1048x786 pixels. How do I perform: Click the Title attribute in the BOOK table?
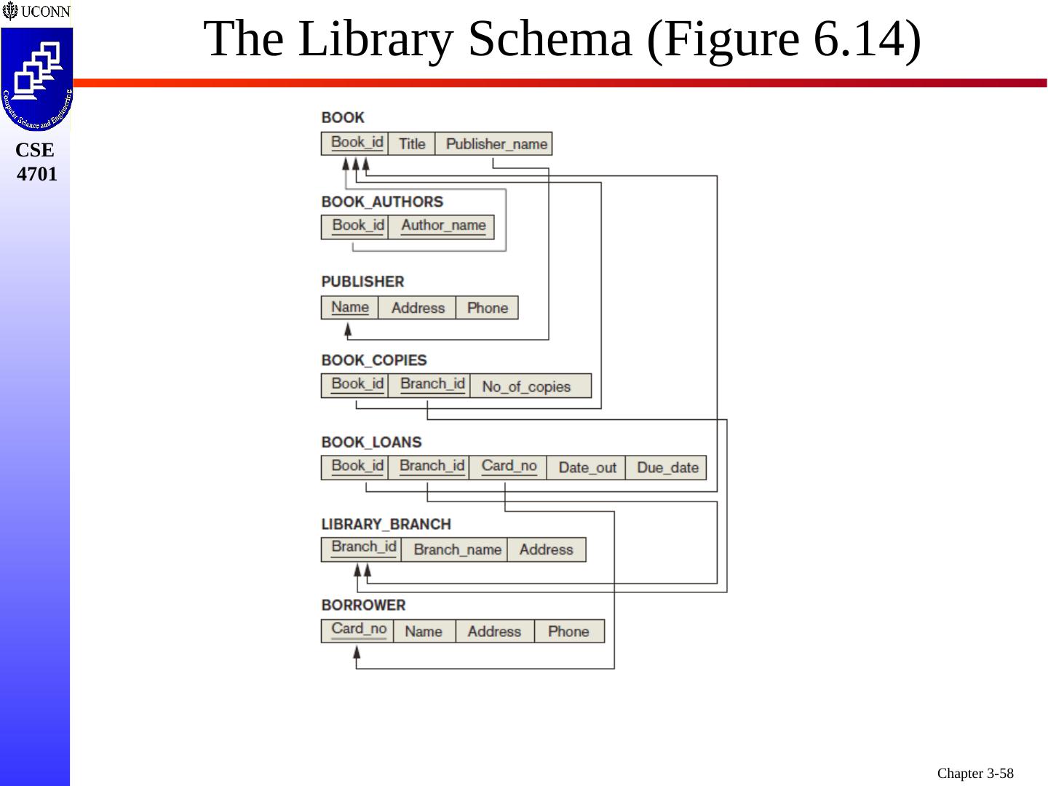click(411, 144)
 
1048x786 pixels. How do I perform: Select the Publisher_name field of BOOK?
click(496, 144)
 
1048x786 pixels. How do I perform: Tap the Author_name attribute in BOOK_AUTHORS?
click(442, 226)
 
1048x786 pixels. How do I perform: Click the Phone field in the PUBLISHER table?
click(487, 308)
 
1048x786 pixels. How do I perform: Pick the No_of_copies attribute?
click(526, 386)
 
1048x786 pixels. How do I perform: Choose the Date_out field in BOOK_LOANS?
click(587, 467)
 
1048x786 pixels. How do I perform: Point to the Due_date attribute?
click(667, 467)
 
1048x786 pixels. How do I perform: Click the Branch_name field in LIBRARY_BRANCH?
click(457, 549)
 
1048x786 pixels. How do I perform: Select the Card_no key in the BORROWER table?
click(358, 630)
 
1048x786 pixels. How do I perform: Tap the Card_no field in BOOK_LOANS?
click(509, 467)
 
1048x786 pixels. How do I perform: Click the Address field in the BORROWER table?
click(493, 631)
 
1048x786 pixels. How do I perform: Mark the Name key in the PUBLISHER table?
click(349, 307)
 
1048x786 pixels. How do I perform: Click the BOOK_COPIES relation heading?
click(374, 360)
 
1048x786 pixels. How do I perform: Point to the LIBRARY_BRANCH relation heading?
click(386, 524)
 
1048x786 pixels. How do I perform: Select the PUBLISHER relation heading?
click(362, 282)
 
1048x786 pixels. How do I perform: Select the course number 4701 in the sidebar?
click(36, 174)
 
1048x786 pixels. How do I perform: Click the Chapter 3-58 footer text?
click(974, 773)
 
